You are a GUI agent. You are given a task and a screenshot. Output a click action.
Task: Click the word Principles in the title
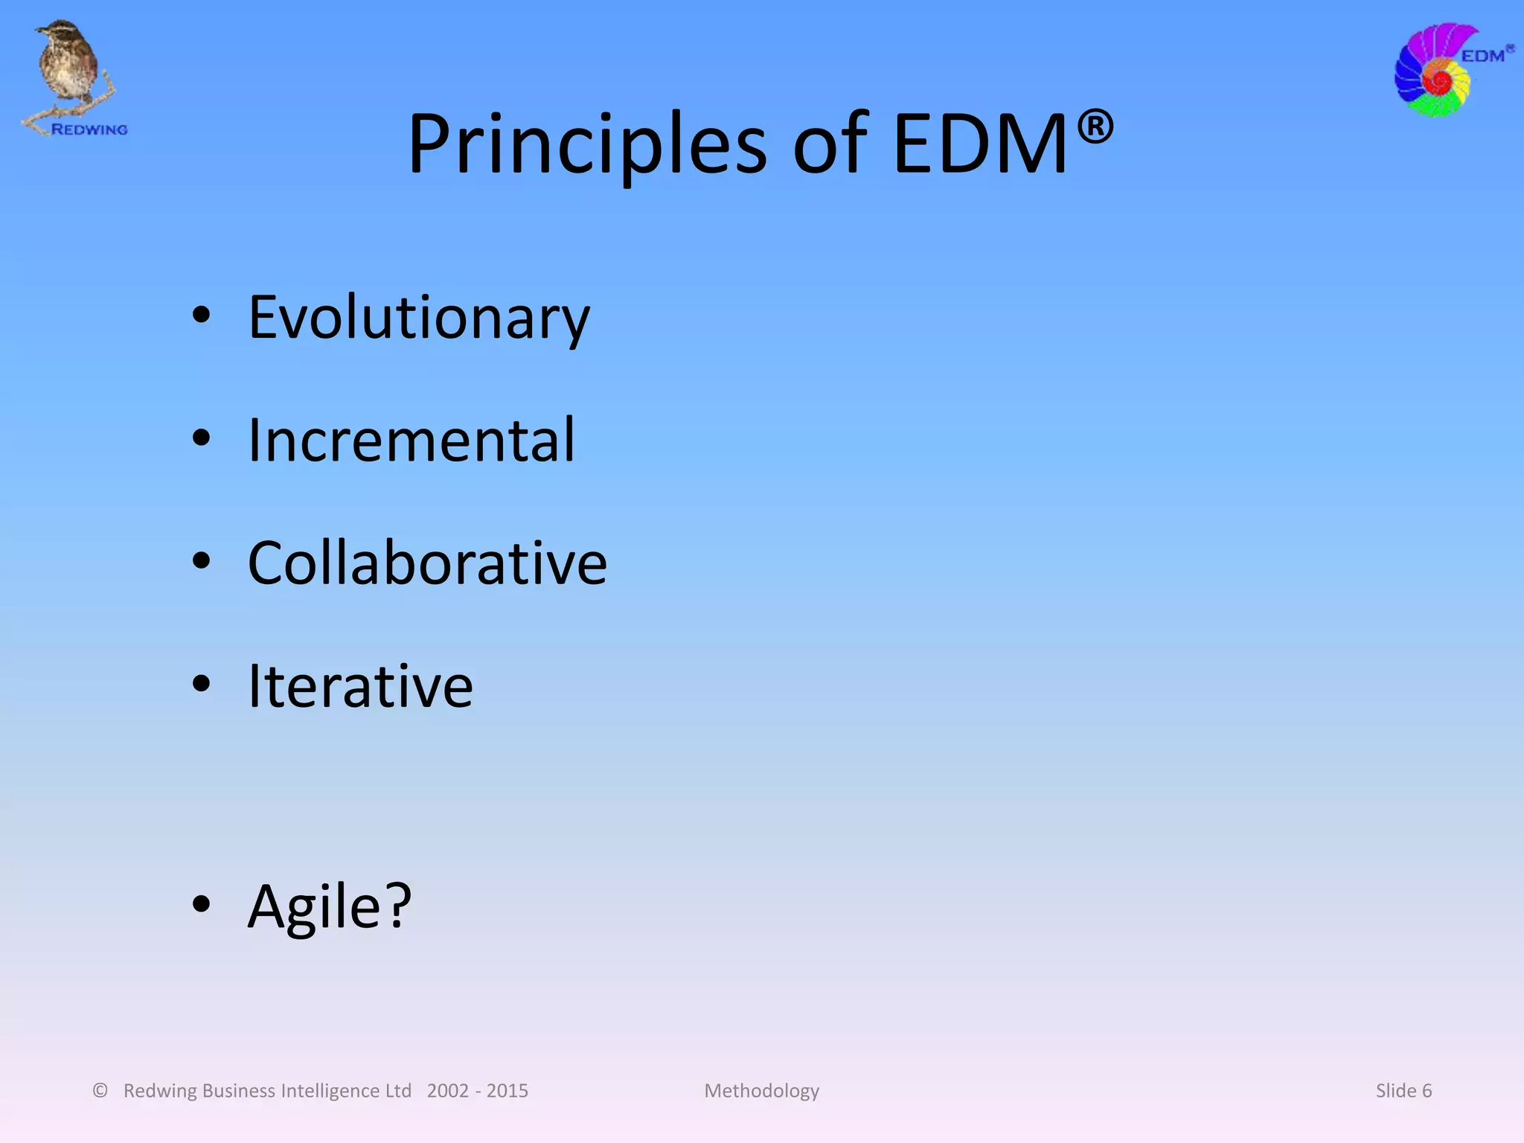[x=586, y=145]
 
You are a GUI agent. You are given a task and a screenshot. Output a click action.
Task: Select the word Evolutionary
[x=419, y=318]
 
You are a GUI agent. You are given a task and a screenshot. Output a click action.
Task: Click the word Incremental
[x=411, y=441]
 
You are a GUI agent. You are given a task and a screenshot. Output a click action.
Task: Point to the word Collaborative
[x=427, y=563]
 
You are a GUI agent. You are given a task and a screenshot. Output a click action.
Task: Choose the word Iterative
[x=360, y=686]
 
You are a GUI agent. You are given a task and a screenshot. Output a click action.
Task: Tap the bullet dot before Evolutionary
[x=201, y=316]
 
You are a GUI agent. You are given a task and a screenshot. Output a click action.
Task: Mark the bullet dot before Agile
[x=201, y=904]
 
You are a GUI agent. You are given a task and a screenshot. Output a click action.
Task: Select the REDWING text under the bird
[x=89, y=129]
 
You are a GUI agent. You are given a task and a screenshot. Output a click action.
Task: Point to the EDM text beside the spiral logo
[x=1482, y=56]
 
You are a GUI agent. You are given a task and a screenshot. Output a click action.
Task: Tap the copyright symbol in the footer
[x=100, y=1090]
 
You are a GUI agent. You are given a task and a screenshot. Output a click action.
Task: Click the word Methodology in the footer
[x=761, y=1091]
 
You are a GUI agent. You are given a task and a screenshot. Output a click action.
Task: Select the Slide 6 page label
[x=1403, y=1091]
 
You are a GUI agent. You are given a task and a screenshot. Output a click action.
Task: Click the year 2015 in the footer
[x=508, y=1091]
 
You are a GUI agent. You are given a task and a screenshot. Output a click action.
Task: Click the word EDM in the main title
[x=980, y=145]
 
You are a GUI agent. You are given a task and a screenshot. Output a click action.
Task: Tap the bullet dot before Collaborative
[x=201, y=562]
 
